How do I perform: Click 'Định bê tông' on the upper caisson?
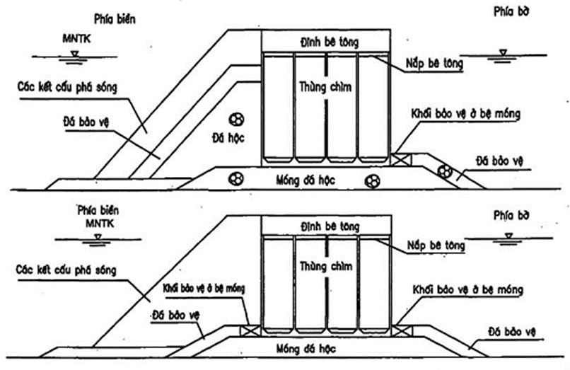click(x=325, y=42)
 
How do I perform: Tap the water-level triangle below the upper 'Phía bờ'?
click(x=503, y=52)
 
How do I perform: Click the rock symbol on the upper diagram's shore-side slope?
click(x=444, y=170)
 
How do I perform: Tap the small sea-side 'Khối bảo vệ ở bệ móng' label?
click(x=201, y=288)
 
